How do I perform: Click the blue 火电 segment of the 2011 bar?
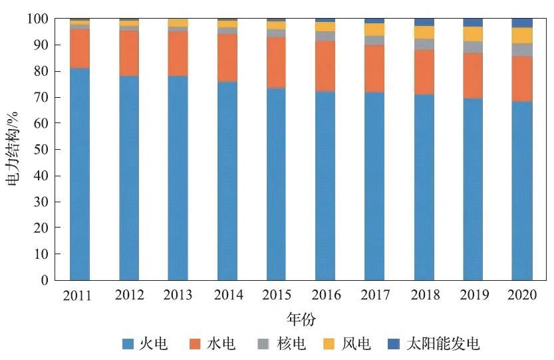[80, 173]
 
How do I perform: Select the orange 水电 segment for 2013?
[178, 53]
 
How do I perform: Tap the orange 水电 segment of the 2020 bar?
[521, 79]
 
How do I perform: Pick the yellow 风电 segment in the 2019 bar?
[473, 34]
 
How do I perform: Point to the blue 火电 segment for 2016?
[325, 186]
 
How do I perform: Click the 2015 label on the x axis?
[276, 295]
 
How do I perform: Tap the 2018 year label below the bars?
[424, 295]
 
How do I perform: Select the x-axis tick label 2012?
[129, 295]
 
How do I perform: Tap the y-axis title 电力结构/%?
[14, 150]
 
